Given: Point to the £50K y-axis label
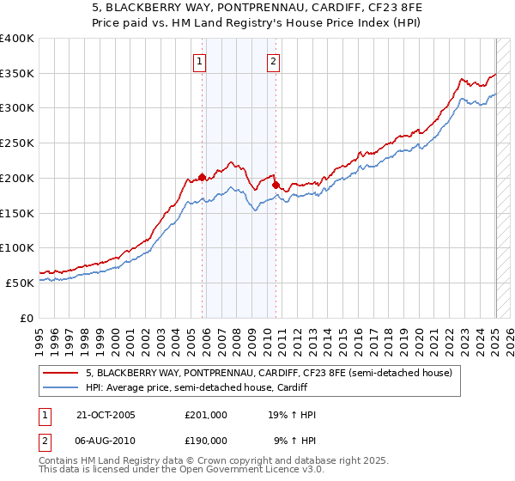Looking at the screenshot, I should pos(19,283).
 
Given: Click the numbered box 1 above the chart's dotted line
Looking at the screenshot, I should pos(200,61).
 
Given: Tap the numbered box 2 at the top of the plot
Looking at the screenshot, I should pos(273,61).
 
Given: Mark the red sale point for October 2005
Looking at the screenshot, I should pos(203,178).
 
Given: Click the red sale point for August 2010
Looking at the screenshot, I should pos(276,185).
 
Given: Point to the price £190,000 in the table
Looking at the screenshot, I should pos(206,441).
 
